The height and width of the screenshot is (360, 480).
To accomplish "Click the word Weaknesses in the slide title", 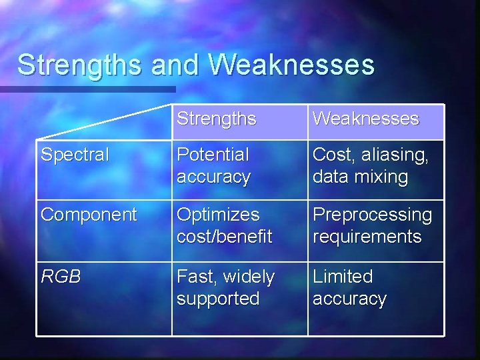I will pyautogui.click(x=292, y=65).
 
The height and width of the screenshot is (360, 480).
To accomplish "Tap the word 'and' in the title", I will pyautogui.click(x=175, y=65).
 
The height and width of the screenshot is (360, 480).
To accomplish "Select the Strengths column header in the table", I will pyautogui.click(x=216, y=119).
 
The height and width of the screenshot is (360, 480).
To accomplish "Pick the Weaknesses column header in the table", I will pyautogui.click(x=365, y=119).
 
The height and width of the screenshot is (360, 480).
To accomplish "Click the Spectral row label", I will pyautogui.click(x=75, y=155).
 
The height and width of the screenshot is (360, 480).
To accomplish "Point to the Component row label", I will pyautogui.click(x=89, y=215).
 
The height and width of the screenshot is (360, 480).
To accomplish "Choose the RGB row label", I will pyautogui.click(x=61, y=276).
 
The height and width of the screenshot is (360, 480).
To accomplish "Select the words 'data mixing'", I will pyautogui.click(x=360, y=177).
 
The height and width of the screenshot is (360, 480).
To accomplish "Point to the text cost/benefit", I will pyautogui.click(x=224, y=237).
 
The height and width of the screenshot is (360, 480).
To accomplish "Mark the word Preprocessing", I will pyautogui.click(x=372, y=215).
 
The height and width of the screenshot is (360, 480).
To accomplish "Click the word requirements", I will pyautogui.click(x=367, y=237).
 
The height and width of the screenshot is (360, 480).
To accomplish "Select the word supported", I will pyautogui.click(x=217, y=298).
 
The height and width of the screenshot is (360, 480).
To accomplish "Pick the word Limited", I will pyautogui.click(x=343, y=276).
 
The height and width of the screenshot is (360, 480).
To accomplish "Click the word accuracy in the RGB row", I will pyautogui.click(x=349, y=299).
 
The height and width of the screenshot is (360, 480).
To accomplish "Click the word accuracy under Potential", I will pyautogui.click(x=213, y=177).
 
